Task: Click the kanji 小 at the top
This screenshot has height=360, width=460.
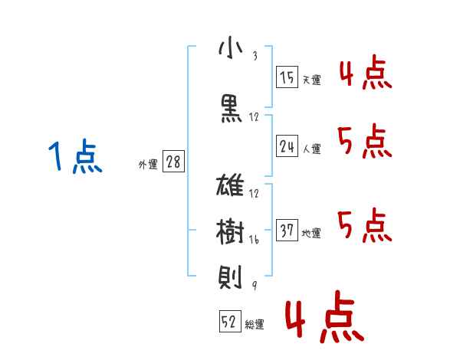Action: click(231, 48)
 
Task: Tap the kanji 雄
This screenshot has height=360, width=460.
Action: click(230, 185)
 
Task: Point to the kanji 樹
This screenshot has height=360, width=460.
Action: click(230, 231)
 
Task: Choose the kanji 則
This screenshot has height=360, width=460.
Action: click(230, 277)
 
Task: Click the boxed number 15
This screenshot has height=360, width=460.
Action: click(287, 77)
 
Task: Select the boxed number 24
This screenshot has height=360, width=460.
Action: click(287, 146)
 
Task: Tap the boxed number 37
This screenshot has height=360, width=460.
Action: click(287, 230)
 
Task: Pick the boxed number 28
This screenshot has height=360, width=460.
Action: click(173, 162)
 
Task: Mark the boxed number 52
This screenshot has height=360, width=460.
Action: click(230, 321)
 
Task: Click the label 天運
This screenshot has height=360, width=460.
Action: click(311, 80)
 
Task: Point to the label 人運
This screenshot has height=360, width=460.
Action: click(311, 149)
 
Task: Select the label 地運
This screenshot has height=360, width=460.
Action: click(311, 233)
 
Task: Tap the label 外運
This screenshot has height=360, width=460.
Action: click(148, 164)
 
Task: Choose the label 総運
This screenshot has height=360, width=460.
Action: click(255, 324)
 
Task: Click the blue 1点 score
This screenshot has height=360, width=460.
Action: click(75, 156)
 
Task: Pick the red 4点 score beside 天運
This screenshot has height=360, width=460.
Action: click(366, 72)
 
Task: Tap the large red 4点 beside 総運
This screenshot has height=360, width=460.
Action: click(325, 316)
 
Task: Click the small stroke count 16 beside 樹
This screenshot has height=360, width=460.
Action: click(254, 240)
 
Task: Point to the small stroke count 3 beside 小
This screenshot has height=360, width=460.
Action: click(255, 56)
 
